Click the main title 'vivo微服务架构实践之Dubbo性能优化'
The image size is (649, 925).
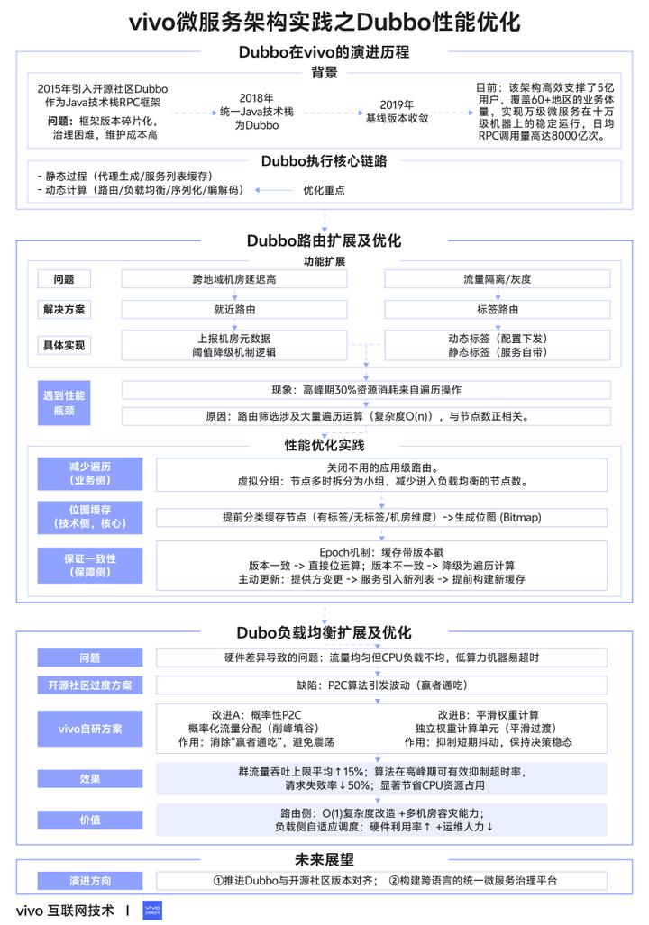324,21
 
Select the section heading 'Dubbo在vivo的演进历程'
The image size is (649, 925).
324,52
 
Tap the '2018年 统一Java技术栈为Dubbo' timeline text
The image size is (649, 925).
257,112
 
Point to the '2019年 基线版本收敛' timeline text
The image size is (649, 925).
397,112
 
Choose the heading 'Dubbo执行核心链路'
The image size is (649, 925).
324,161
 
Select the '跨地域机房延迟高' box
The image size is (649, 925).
234,279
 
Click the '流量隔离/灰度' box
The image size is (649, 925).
497,279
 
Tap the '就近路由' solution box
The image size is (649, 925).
234,310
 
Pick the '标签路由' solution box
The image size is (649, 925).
497,310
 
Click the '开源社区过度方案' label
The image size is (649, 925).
89,685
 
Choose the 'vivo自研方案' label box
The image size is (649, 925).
89,728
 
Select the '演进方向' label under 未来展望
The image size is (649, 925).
89,880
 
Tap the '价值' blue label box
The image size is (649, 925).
89,820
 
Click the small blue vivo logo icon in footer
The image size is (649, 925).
152,910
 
